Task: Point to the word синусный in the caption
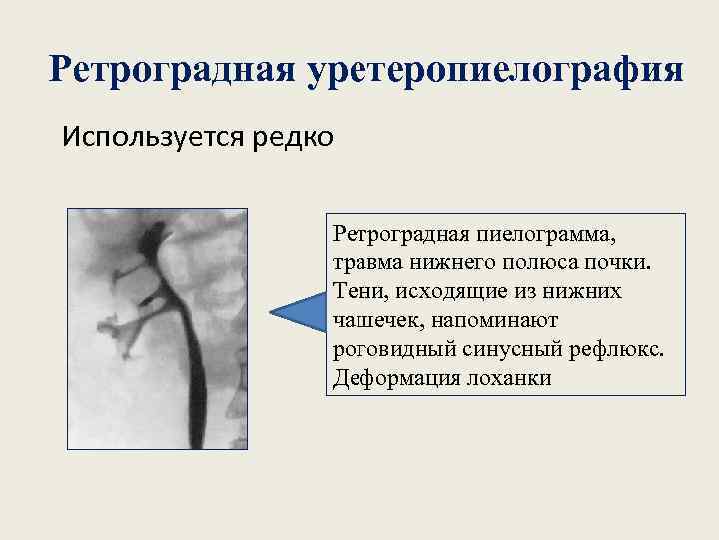507,350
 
